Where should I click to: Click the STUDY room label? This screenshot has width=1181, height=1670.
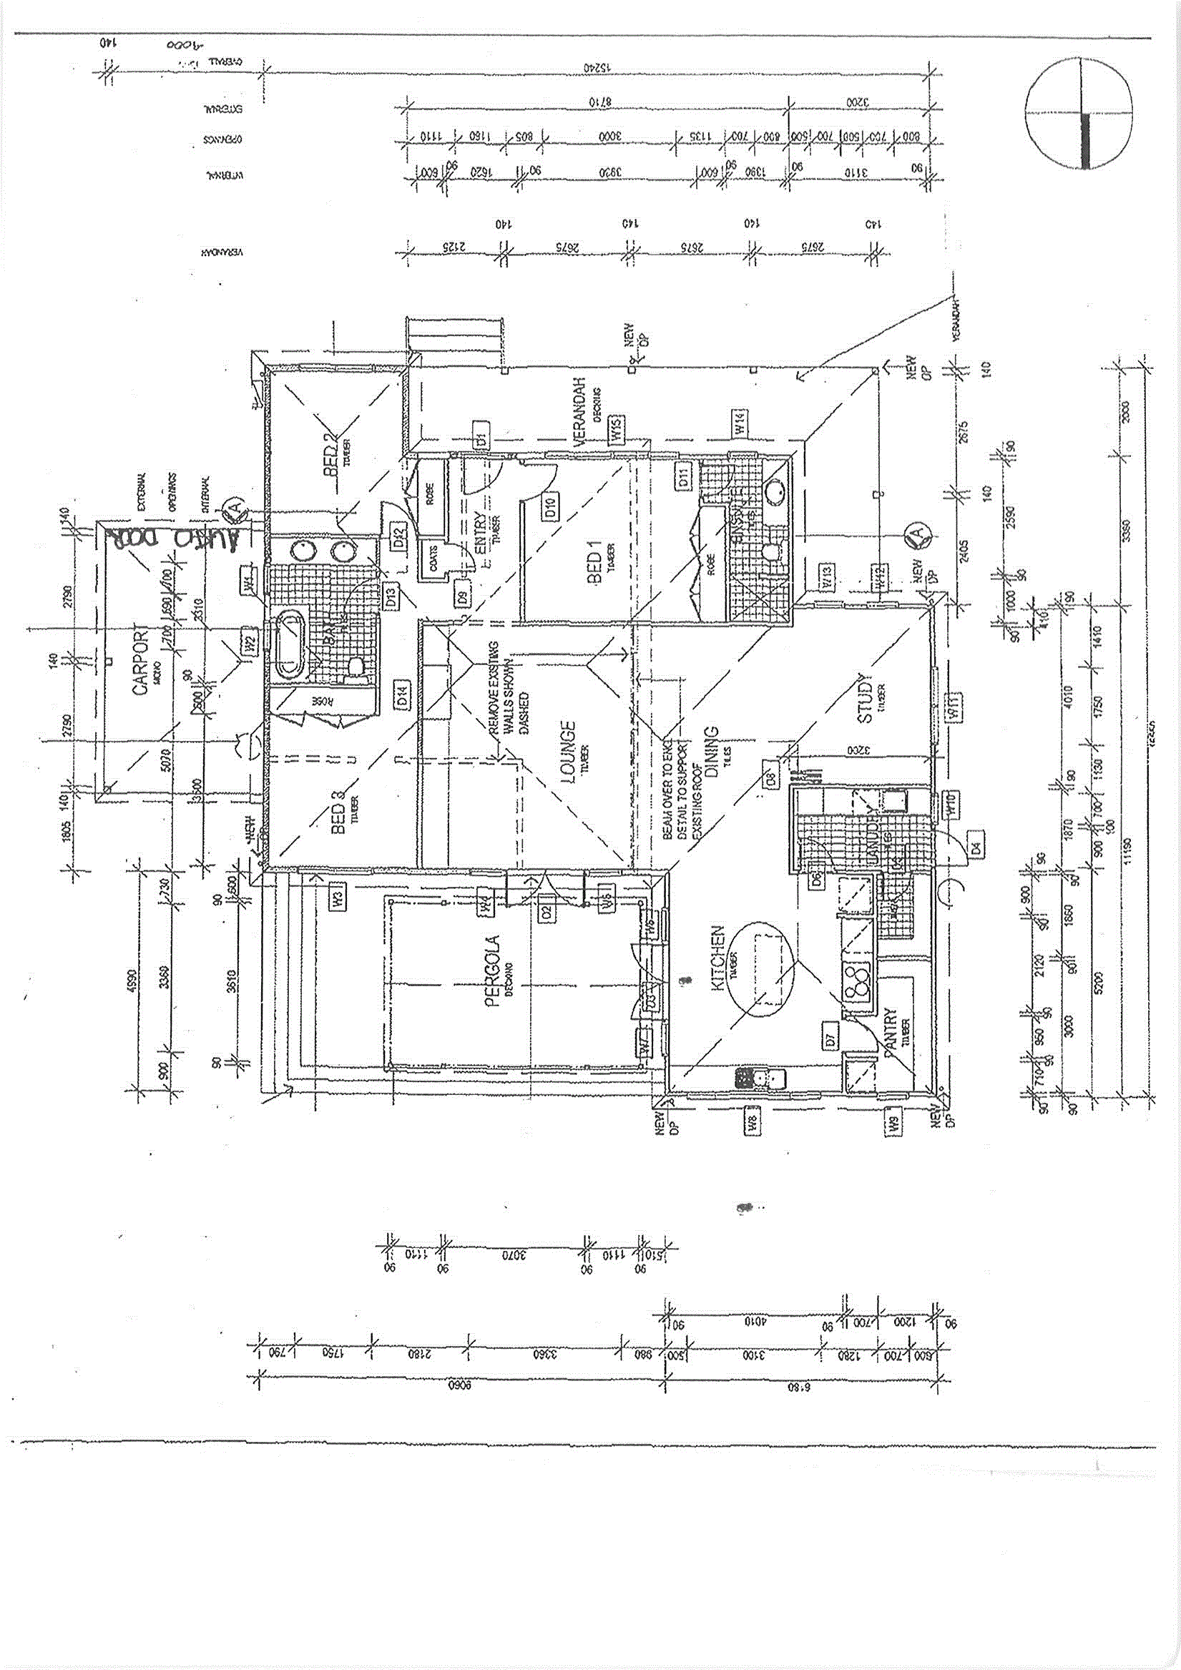[x=866, y=698]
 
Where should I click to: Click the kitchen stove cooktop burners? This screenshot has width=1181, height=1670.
[x=857, y=981]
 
